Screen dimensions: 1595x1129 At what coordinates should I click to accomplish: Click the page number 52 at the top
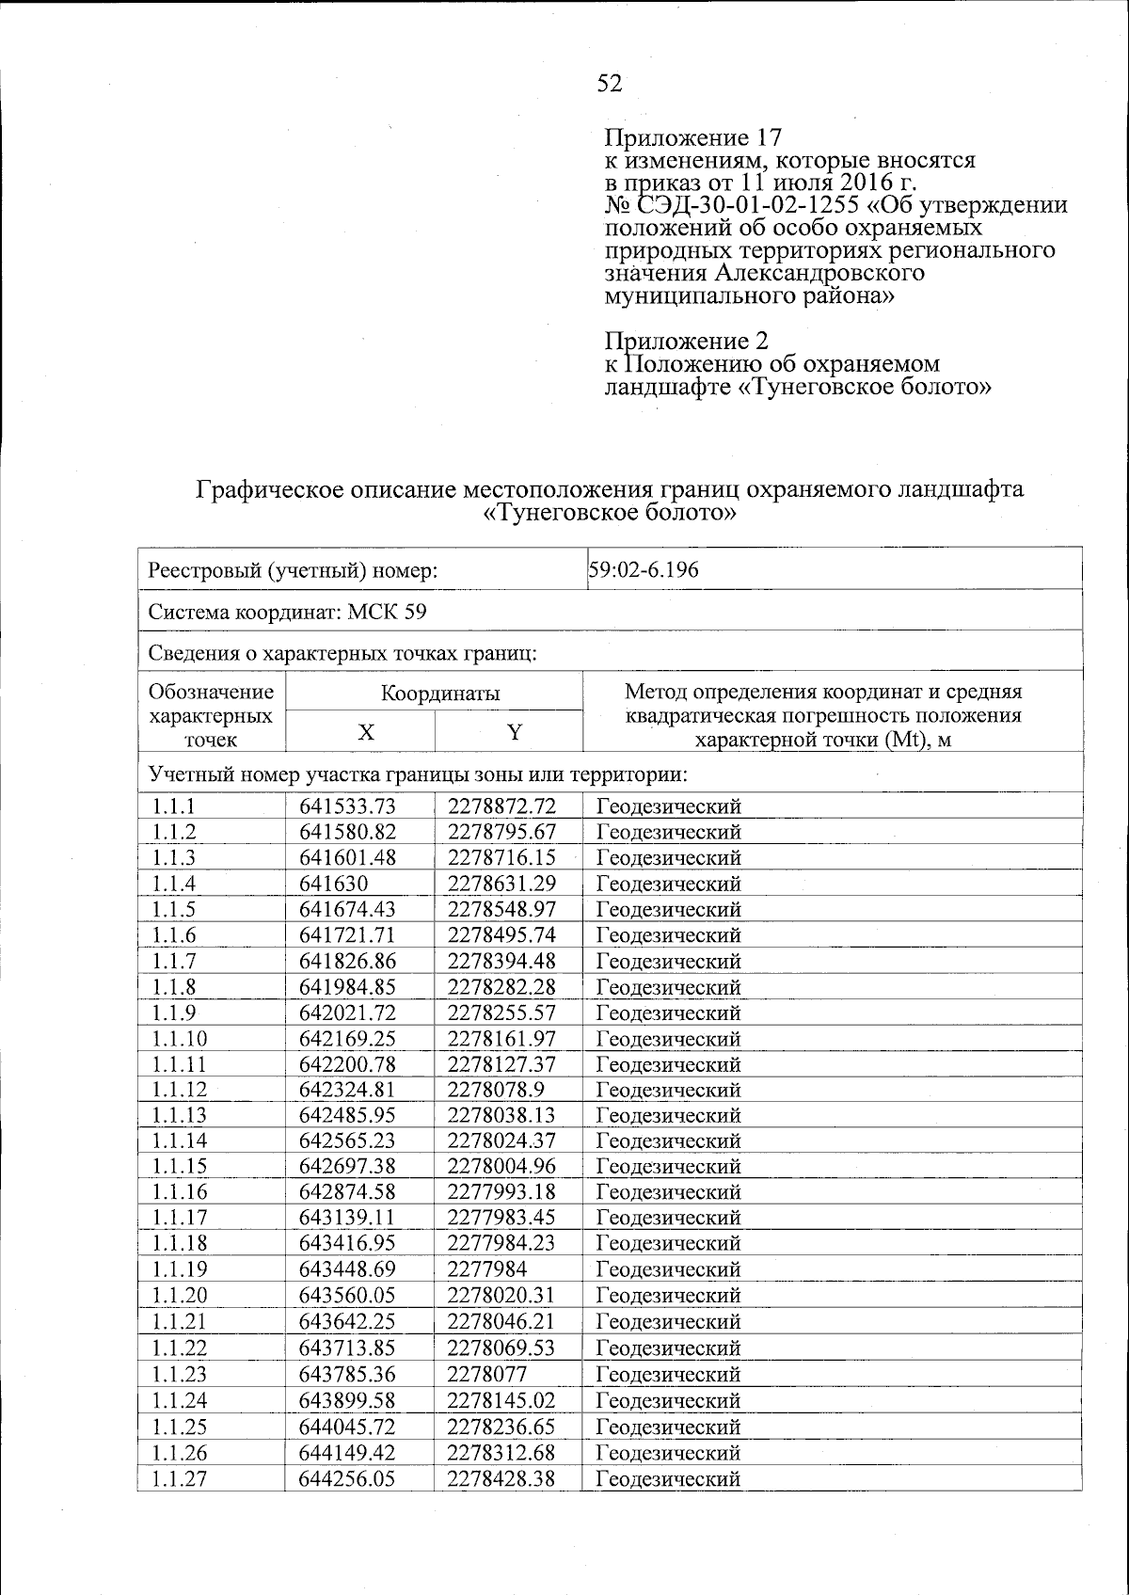[x=610, y=84]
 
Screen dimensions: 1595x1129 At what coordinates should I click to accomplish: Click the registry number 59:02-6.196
[x=644, y=569]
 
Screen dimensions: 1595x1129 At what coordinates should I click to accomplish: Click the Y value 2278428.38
[x=501, y=1478]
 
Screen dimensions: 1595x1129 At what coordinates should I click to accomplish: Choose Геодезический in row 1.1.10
[x=669, y=1039]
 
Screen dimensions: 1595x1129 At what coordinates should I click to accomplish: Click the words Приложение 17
[x=693, y=139]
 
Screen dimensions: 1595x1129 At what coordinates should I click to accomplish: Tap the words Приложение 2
[x=687, y=341]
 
